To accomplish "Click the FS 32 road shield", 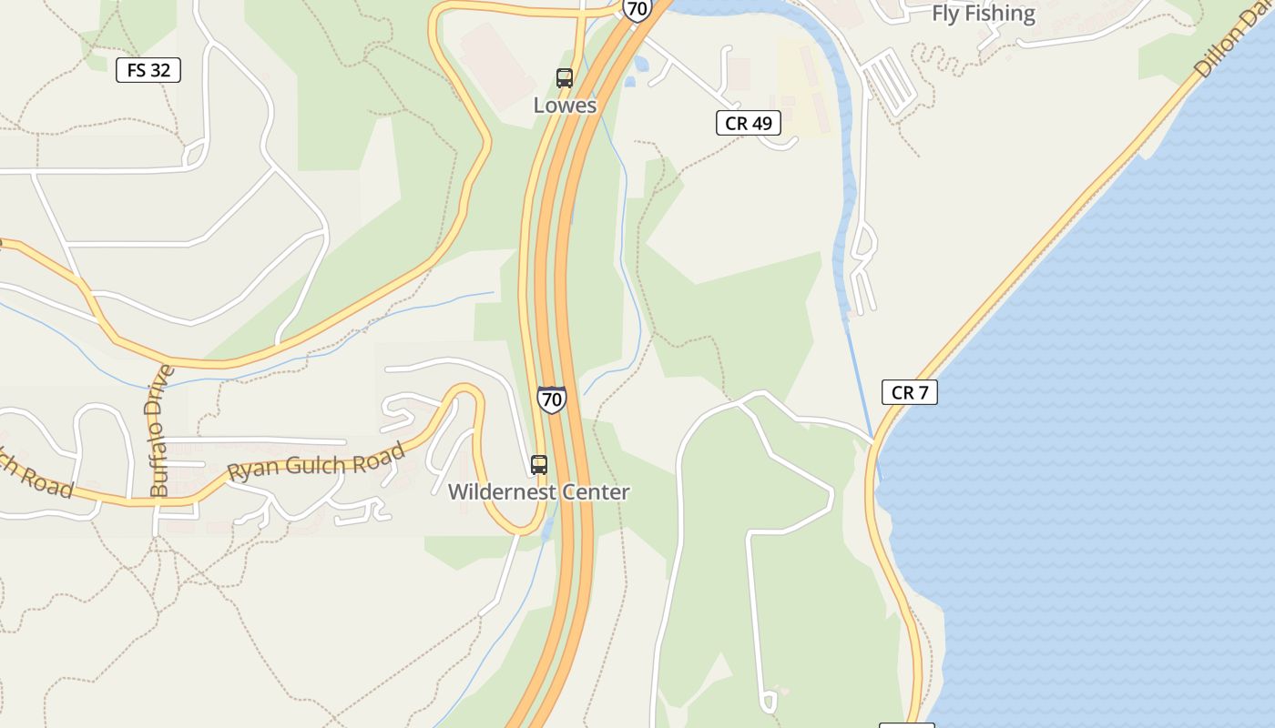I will coord(148,70).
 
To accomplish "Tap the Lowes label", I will coord(565,106).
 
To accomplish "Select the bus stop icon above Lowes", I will coord(565,78).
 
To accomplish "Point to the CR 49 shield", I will coord(749,123).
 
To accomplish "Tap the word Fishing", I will coord(1002,14).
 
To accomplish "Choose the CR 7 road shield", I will coord(909,392).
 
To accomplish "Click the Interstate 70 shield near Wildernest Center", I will coord(551,399).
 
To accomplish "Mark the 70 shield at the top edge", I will coord(637,9).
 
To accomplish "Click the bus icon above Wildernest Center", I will coord(539,465).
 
